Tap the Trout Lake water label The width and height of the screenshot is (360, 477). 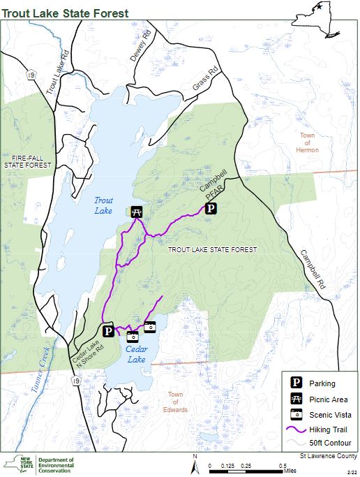(103, 205)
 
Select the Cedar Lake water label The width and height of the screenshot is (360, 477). (135, 354)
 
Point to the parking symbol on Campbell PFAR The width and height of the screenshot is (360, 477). (211, 208)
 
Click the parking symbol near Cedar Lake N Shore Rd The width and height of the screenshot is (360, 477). (107, 330)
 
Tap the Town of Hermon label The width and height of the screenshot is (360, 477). (307, 142)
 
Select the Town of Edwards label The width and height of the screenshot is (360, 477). (177, 402)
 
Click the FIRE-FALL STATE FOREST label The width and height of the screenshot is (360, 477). (23, 161)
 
